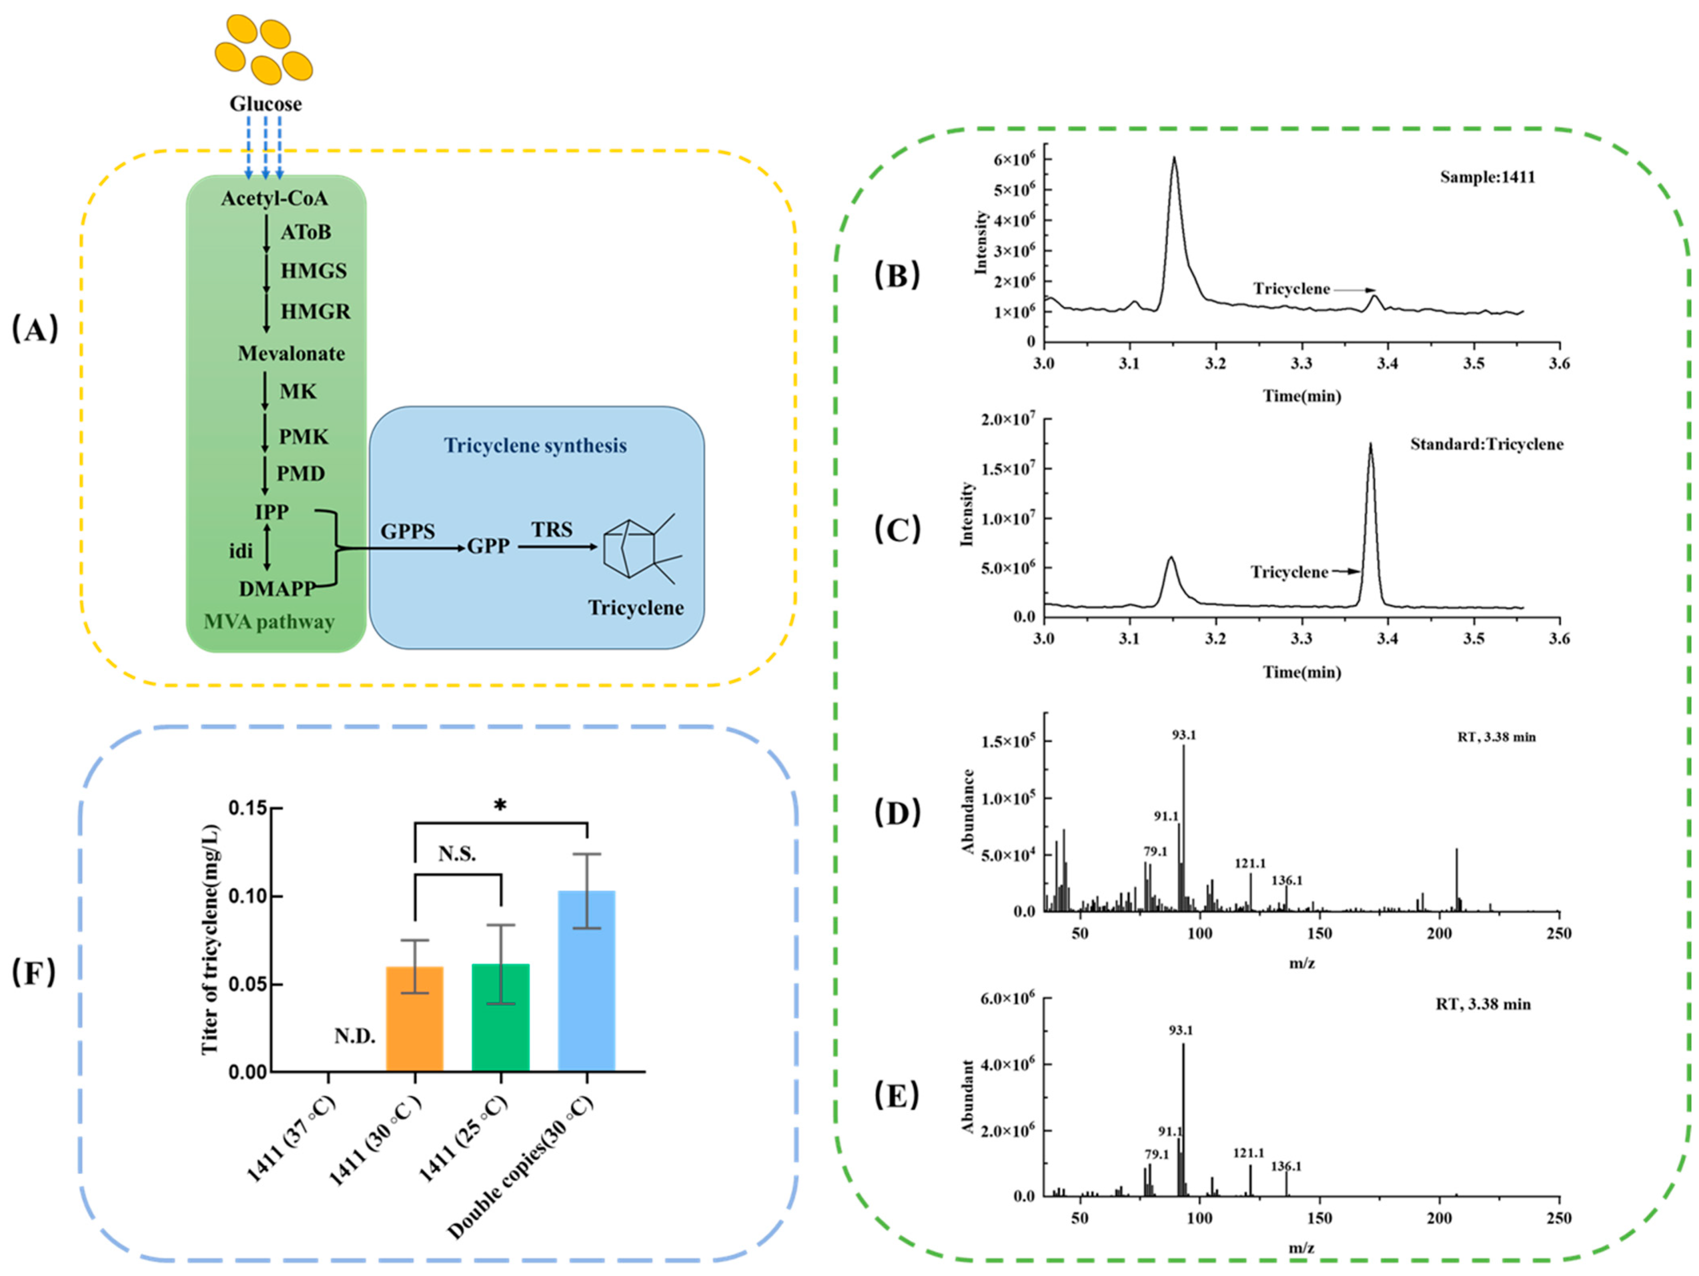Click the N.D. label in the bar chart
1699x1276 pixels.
[x=355, y=1036]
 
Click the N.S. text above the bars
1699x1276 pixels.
[x=457, y=854]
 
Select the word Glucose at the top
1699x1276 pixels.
[x=266, y=104]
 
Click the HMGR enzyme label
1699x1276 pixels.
[x=315, y=312]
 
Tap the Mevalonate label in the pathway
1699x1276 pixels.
[x=291, y=354]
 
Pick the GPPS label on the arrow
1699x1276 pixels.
[x=407, y=531]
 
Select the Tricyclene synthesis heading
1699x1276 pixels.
[x=535, y=446]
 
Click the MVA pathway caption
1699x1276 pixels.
[x=269, y=622]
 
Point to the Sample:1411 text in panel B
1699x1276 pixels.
[x=1487, y=177]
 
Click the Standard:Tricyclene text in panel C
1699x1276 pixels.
[x=1486, y=445]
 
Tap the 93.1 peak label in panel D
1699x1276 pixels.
[x=1184, y=735]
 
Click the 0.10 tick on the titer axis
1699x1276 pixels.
[x=248, y=897]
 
